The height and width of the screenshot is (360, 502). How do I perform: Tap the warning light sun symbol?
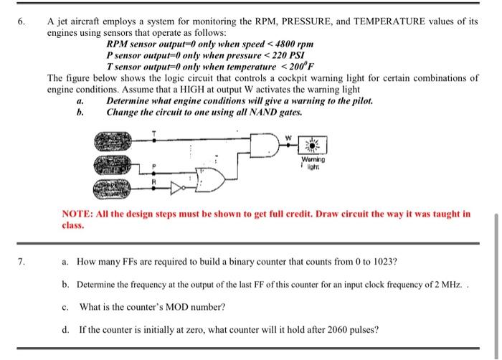tap(313, 143)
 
